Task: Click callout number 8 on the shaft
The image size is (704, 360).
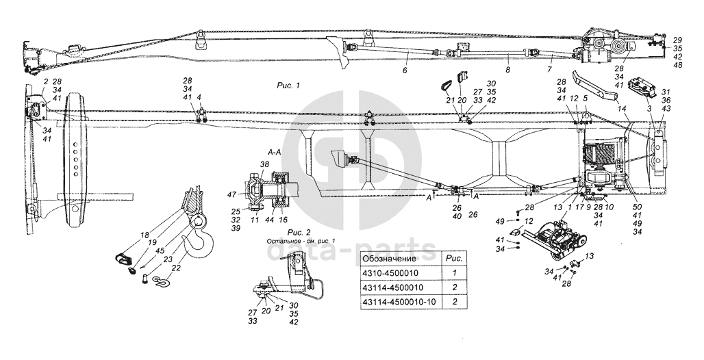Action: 507,69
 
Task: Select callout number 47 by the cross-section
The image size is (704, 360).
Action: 232,195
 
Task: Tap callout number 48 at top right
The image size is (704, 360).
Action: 677,66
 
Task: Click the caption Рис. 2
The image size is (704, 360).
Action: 299,233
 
